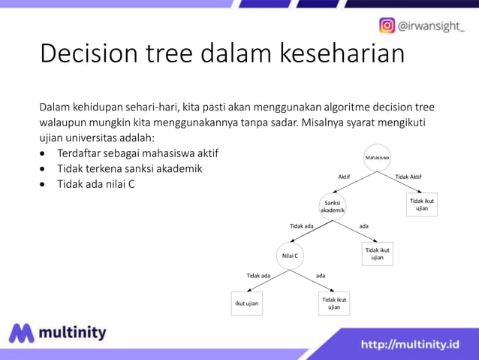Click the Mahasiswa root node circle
tap(377, 158)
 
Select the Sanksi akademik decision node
tap(333, 207)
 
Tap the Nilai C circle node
tap(290, 256)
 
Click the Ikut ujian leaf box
tap(246, 304)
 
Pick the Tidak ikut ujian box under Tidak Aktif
tap(422, 204)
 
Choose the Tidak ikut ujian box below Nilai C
tap(334, 303)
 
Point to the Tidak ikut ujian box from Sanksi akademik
tap(377, 253)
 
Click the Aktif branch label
tap(344, 177)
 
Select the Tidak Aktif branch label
tap(408, 177)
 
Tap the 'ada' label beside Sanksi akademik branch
tap(363, 225)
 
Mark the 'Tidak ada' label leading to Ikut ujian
tap(258, 276)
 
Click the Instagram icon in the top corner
tap(387, 26)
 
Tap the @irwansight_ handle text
tap(432, 26)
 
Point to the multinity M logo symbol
tap(22, 334)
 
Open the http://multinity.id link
tap(410, 344)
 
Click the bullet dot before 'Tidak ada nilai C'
tap(44, 183)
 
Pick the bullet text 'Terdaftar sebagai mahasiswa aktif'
tap(137, 153)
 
